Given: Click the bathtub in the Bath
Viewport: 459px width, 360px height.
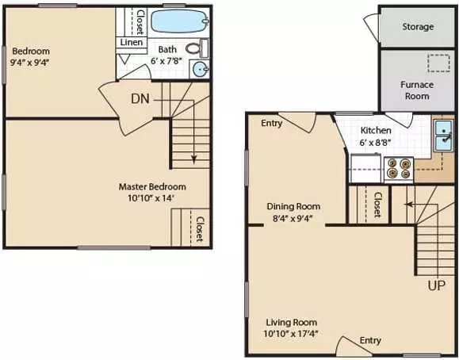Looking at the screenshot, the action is (x=180, y=21).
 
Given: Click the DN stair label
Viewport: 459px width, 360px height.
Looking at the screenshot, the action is (x=140, y=98).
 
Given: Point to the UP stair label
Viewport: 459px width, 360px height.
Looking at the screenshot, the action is (x=437, y=285).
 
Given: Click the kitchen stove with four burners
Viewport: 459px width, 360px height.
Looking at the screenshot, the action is (x=399, y=169).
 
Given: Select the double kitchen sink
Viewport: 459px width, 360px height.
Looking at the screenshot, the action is (x=443, y=136).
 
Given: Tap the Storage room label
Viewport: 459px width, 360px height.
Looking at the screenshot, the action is (x=418, y=27).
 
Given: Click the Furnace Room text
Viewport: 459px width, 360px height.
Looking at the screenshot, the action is (x=417, y=90).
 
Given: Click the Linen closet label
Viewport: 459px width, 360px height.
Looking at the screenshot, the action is (x=132, y=42).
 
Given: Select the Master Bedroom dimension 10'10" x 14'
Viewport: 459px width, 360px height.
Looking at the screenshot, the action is (x=151, y=198).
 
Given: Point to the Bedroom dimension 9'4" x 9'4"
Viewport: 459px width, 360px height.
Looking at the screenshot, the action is (x=29, y=63).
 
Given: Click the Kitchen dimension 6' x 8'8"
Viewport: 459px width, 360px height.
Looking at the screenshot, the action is (x=376, y=143).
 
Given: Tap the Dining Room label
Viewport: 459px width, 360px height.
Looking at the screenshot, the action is (x=293, y=206).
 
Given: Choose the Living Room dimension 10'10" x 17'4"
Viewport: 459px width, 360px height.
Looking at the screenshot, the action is (x=291, y=334).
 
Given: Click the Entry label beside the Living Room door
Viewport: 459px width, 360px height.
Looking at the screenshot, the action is (x=370, y=340).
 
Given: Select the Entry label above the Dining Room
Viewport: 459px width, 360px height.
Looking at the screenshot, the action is (x=271, y=123).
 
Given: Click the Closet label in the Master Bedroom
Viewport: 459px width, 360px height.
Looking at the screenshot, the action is (x=200, y=229).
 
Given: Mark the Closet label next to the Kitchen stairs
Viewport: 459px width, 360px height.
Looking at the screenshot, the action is (x=378, y=205).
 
